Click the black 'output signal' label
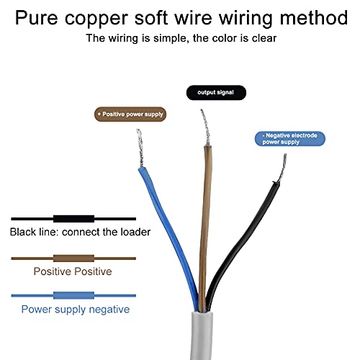pyautogui.click(x=216, y=92)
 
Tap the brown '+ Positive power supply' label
pyautogui.click(x=130, y=114)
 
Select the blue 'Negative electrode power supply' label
pyautogui.click(x=290, y=139)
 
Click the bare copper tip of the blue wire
pyautogui.click(x=140, y=148)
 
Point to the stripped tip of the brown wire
pyautogui.click(x=206, y=127)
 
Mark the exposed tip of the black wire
pyautogui.click(x=282, y=168)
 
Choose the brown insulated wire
pyautogui.click(x=205, y=228)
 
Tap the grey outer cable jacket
pyautogui.click(x=202, y=336)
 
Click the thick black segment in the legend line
pyautogui.click(x=73, y=219)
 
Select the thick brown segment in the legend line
pyautogui.click(x=73, y=258)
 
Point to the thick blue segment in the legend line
pyautogui.click(x=73, y=295)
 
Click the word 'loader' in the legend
pyautogui.click(x=135, y=232)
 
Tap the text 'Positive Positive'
pyautogui.click(x=73, y=271)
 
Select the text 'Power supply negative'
pyautogui.click(x=76, y=310)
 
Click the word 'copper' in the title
pyautogui.click(x=96, y=19)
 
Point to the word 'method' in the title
pyautogui.click(x=314, y=17)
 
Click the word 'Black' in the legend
pyautogui.click(x=23, y=232)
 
